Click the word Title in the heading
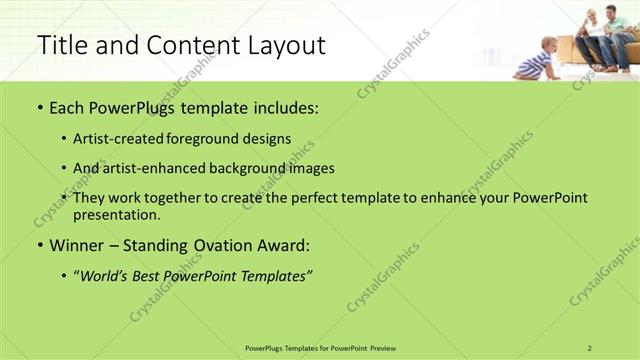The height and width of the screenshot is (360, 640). [61, 45]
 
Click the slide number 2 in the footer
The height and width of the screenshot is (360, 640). [590, 347]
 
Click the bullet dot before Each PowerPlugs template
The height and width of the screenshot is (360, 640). [39, 108]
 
